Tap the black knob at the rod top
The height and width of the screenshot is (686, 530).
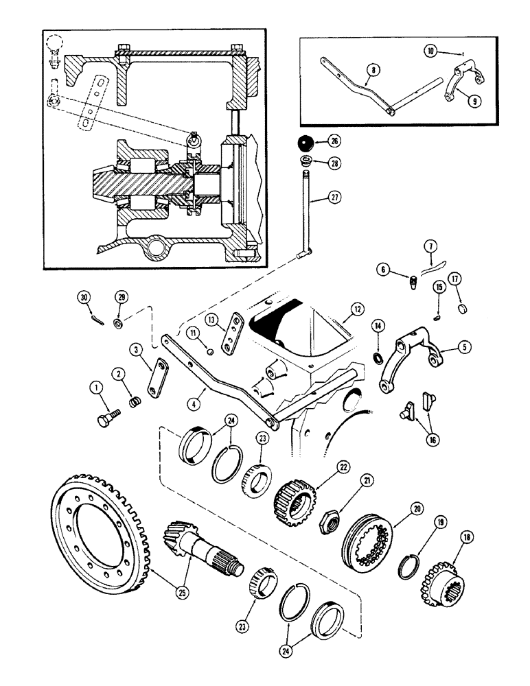coord(306,143)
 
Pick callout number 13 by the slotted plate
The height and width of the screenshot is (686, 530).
coord(211,320)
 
